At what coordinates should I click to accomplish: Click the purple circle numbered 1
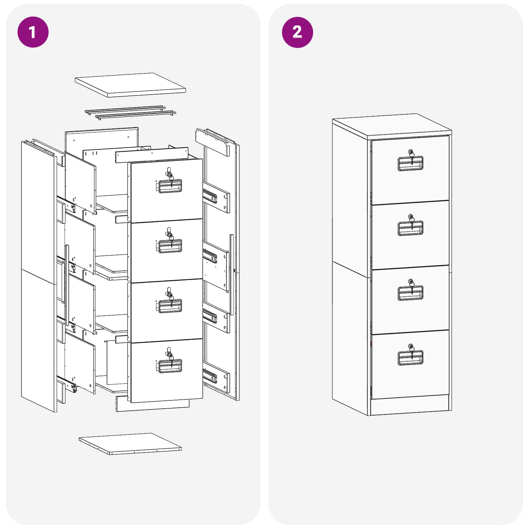coord(33,32)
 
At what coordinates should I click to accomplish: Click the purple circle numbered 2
coord(297,32)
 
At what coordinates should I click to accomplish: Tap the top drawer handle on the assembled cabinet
coord(410,164)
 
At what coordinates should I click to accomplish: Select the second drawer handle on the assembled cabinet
coord(410,228)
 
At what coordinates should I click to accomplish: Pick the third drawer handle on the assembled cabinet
coord(410,293)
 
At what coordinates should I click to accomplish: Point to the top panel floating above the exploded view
coord(130,85)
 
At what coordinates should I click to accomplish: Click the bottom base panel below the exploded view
coord(130,444)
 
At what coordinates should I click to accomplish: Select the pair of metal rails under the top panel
coord(130,113)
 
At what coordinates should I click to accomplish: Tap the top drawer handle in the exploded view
coord(170,186)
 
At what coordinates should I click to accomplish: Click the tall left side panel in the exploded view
coord(38,274)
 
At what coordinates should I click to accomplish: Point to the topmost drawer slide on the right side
coord(210,195)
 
